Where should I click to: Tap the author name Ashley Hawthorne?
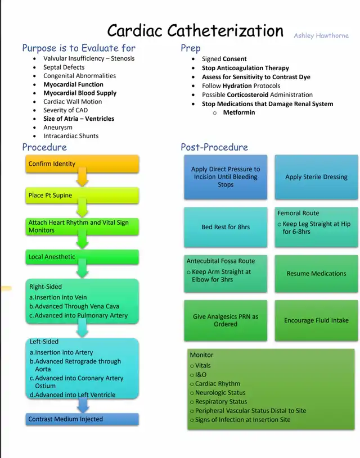click(321, 35)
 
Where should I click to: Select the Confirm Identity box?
click(82, 164)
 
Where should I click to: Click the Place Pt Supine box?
click(82, 196)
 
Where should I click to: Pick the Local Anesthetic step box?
click(82, 257)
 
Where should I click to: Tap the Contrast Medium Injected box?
click(82, 419)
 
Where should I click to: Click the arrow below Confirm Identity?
click(83, 179)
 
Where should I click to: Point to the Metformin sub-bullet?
click(238, 112)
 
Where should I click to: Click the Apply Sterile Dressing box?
click(316, 177)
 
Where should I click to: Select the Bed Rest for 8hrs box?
click(226, 227)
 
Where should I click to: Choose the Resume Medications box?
click(316, 274)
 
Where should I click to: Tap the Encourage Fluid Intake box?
click(316, 320)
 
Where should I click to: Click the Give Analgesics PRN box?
click(226, 320)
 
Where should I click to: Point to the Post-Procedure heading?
click(214, 147)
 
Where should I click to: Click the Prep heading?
click(191, 48)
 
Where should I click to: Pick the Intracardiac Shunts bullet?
click(71, 136)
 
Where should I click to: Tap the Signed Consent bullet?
click(224, 58)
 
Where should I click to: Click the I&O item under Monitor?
click(201, 375)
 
